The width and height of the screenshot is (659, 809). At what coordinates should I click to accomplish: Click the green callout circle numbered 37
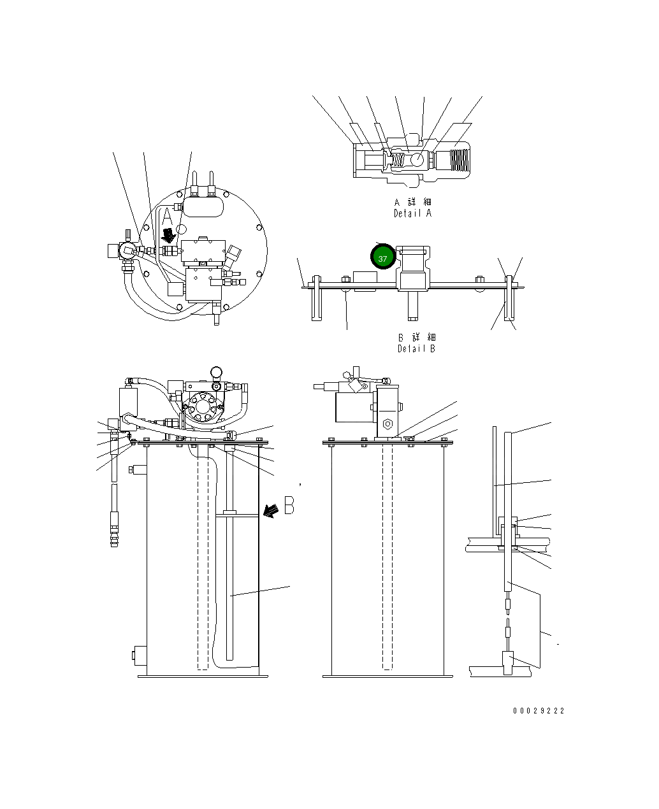coord(382,258)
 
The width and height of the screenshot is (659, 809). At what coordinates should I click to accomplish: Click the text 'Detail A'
coord(412,213)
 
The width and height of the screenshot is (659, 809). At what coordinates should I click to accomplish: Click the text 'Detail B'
coord(416,348)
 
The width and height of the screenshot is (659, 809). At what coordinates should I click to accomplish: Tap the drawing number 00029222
coord(539,711)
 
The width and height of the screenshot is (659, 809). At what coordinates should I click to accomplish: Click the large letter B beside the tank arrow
coord(289,505)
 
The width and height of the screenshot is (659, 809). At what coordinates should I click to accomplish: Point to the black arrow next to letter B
coord(272,510)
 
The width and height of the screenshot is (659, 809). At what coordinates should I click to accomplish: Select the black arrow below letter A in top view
coord(169,235)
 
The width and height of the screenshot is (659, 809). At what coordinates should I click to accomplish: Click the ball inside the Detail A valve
coord(418,159)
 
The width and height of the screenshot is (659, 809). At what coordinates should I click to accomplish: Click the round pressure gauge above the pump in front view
coord(217,371)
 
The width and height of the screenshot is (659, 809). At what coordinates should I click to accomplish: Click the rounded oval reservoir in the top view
coord(203,205)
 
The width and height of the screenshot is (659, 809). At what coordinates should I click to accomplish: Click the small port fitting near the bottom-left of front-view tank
coord(138,654)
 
